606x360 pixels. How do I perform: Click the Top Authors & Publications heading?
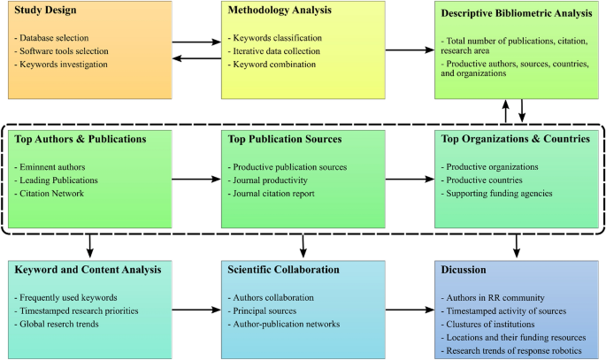tap(81, 139)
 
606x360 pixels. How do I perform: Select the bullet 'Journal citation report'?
tap(274, 193)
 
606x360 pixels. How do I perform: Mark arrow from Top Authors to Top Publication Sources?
tap(195, 180)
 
